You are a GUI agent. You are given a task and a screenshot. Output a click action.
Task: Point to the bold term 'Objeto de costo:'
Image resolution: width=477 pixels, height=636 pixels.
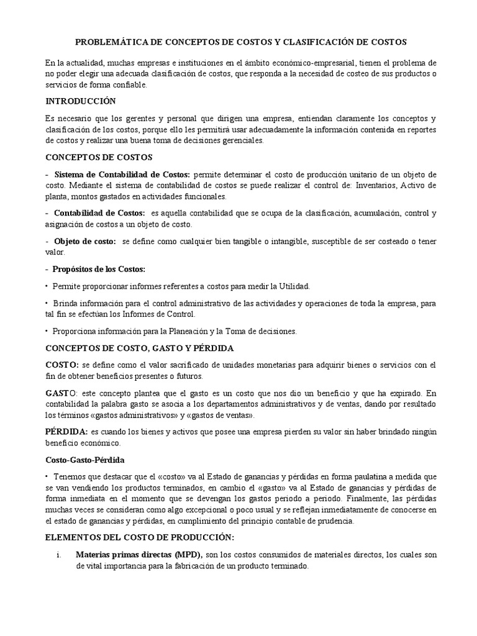pos(84,241)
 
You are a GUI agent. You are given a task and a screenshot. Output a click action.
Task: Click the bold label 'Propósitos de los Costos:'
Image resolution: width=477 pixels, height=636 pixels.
pos(99,269)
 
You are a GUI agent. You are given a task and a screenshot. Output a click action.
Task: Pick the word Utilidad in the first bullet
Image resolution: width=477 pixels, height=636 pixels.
pos(293,286)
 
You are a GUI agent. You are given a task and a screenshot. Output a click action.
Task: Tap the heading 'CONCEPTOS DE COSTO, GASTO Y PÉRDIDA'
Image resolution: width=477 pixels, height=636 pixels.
pos(140,348)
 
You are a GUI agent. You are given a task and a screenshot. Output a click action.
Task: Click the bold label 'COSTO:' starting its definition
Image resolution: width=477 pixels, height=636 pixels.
pos(62,365)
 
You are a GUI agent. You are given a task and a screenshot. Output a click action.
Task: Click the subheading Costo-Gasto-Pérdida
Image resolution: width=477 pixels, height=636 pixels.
pos(84,460)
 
